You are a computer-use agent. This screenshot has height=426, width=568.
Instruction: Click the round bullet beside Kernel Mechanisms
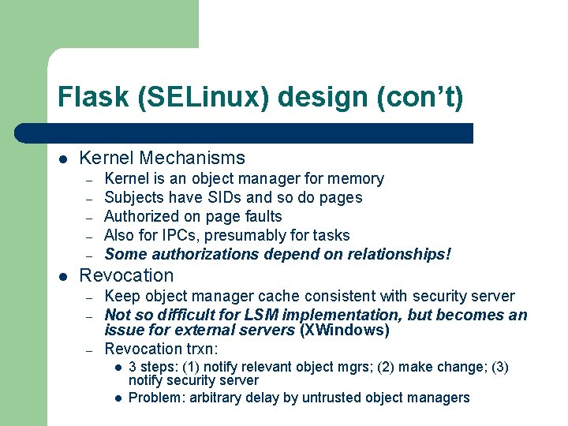[x=62, y=159]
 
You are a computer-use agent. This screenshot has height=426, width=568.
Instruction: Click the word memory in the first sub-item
[x=357, y=179]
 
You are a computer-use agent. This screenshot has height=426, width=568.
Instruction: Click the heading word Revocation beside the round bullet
[x=126, y=275]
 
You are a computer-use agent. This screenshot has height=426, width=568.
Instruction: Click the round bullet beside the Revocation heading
[x=62, y=276]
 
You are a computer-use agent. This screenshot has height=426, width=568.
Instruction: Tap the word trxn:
[x=201, y=349]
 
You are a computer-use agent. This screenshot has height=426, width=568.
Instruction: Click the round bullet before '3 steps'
[x=116, y=368]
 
